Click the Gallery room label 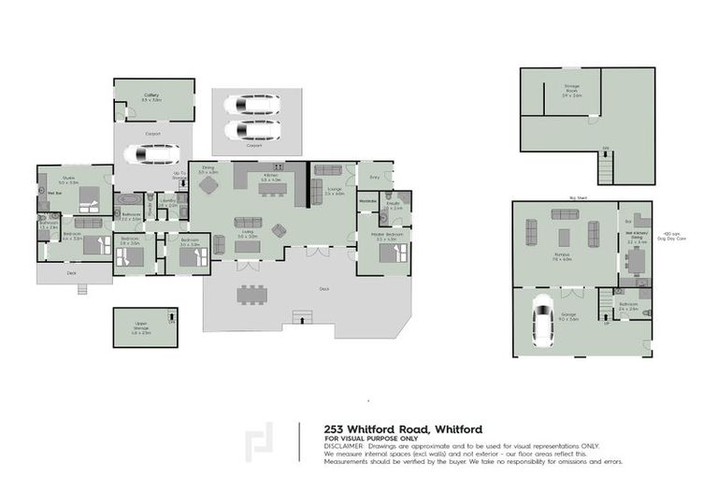pos(151,95)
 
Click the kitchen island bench pos(272,190)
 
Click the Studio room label pos(69,178)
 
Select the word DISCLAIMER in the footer pos(345,446)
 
